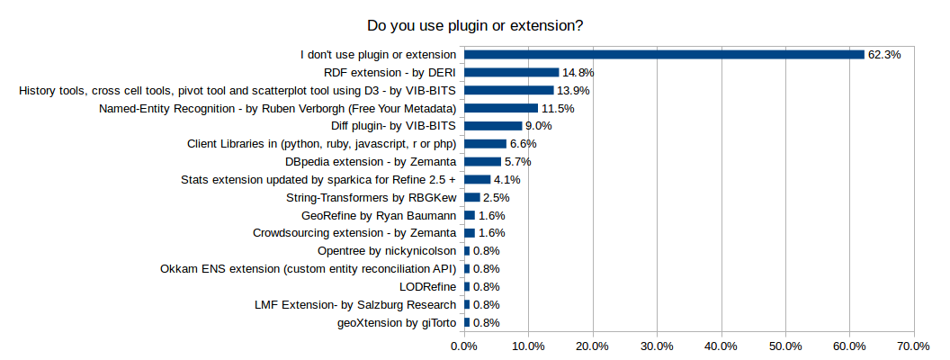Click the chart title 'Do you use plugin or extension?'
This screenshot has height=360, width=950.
(x=475, y=26)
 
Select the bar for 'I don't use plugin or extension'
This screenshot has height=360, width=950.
(x=664, y=55)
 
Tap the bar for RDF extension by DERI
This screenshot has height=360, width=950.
(x=511, y=73)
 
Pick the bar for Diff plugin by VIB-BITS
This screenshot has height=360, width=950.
(x=493, y=126)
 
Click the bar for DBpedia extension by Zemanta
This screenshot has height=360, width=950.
(x=482, y=162)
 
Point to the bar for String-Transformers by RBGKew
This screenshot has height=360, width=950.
(x=472, y=197)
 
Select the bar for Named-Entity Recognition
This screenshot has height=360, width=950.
(x=501, y=108)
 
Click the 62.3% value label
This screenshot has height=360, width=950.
(x=884, y=55)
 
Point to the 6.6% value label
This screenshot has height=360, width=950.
(x=523, y=144)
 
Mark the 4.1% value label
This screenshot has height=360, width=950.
(x=507, y=179)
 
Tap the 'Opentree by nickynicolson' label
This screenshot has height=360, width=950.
(x=388, y=250)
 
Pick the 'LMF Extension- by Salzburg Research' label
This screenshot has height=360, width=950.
(x=356, y=304)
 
